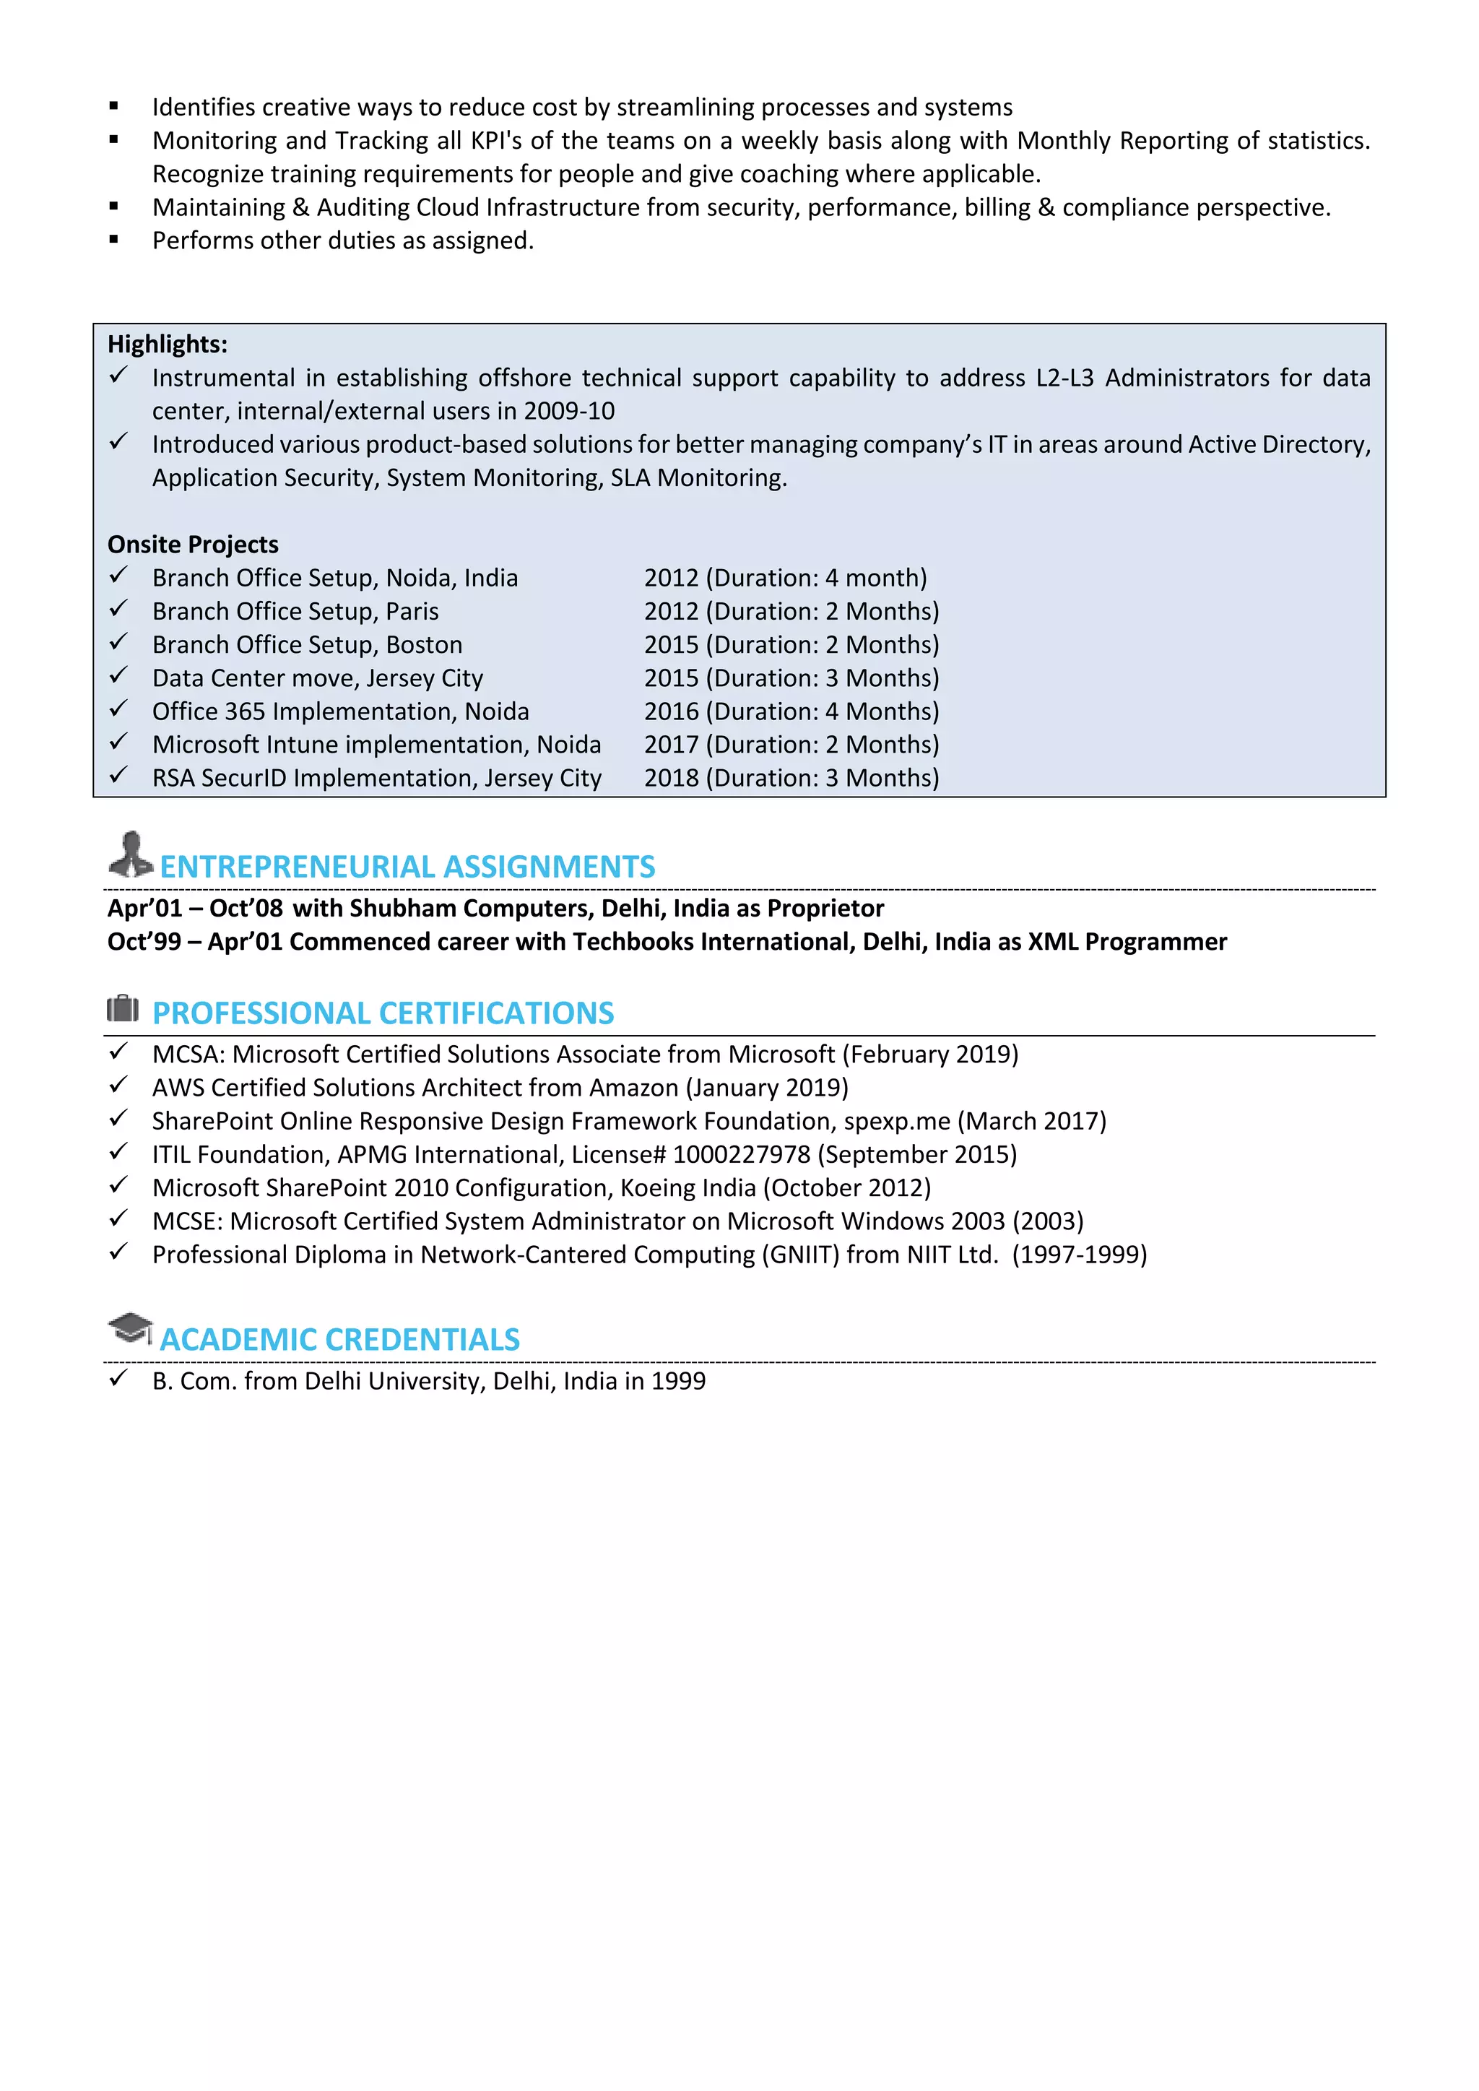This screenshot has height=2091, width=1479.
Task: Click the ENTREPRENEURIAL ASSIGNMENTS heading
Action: tap(407, 866)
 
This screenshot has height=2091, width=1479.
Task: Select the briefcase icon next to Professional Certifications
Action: tap(123, 1009)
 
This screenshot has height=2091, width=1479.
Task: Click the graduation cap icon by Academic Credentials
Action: tap(130, 1329)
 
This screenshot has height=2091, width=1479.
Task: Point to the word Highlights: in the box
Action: tap(168, 345)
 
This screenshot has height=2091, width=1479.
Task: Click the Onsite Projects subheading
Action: tap(193, 545)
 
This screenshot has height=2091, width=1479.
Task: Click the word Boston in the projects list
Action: tap(425, 645)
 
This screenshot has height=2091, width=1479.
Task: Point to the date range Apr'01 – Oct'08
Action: tap(195, 909)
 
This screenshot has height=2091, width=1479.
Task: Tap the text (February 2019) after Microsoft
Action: tap(930, 1055)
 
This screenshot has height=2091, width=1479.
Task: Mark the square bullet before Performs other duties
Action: tap(114, 241)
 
